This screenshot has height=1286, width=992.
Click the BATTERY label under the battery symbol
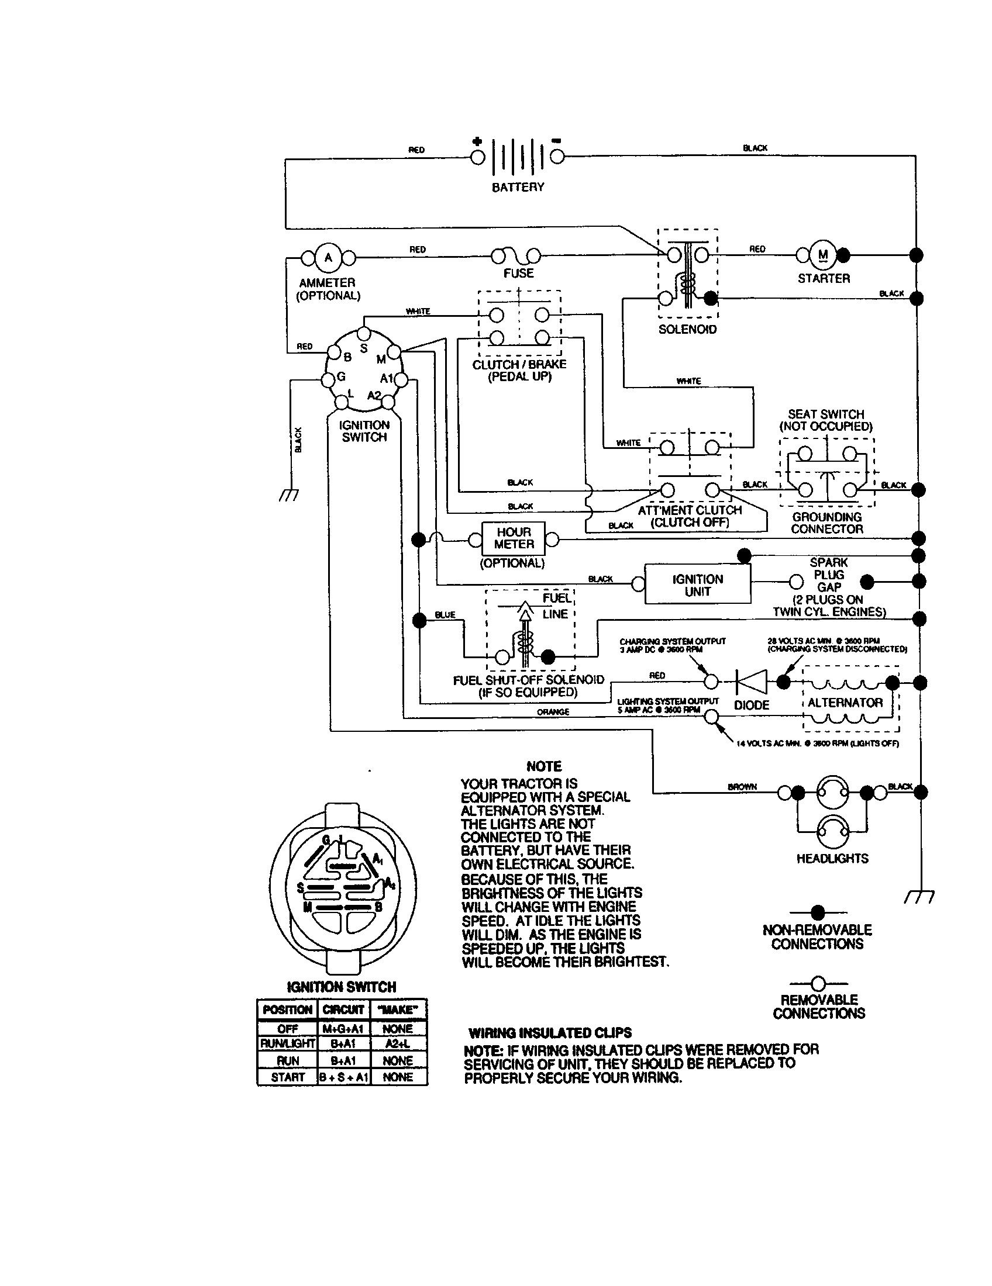518,187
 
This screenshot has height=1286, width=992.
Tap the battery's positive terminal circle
478,157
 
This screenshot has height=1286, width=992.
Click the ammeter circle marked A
328,258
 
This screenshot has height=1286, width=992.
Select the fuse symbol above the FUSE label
516,255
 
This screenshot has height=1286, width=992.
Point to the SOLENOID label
687,330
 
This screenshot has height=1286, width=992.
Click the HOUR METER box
514,538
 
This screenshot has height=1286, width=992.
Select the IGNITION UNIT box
697,585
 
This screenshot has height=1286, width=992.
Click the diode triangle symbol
752,682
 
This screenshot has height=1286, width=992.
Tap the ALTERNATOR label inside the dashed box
845,703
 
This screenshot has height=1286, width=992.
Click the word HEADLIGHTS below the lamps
832,859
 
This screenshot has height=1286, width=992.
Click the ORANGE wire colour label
553,712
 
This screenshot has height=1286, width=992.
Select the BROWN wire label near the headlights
742,787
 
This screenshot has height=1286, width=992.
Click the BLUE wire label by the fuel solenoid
445,615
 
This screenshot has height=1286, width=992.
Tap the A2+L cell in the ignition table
398,1044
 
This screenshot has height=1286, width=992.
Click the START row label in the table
287,1077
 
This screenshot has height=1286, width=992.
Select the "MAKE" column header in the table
398,1010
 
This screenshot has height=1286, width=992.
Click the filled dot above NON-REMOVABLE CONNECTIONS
818,912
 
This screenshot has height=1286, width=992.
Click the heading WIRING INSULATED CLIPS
550,1033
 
